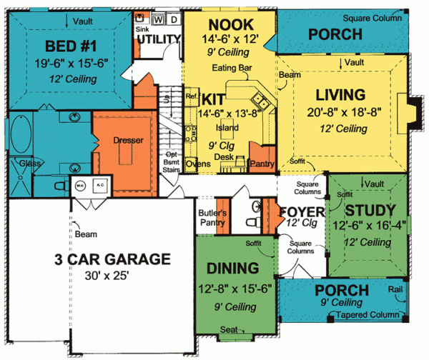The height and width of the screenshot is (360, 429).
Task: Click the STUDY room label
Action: coord(370,210)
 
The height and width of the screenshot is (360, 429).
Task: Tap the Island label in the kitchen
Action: coord(227,128)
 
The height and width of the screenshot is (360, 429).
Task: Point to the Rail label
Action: coord(396,291)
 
